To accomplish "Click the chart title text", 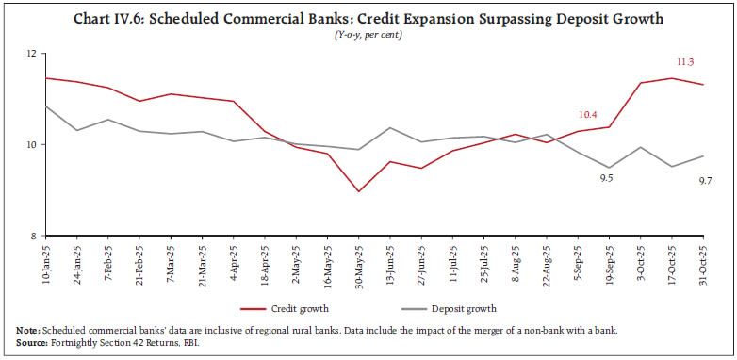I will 368,19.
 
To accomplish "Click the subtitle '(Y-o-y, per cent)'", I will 368,35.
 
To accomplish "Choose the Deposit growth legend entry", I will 453,308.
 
